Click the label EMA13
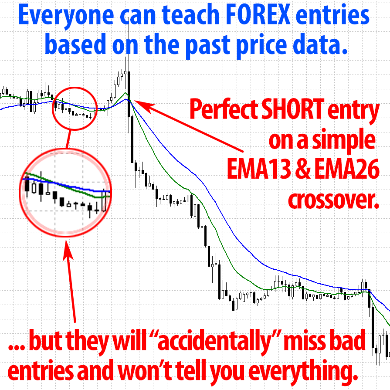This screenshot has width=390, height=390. pyautogui.click(x=259, y=169)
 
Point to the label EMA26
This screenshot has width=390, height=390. pyautogui.click(x=347, y=169)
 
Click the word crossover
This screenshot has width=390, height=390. pyautogui.click(x=333, y=200)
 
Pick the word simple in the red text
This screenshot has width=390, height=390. pyautogui.click(x=344, y=140)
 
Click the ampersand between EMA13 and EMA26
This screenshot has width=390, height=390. pyautogui.click(x=303, y=169)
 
